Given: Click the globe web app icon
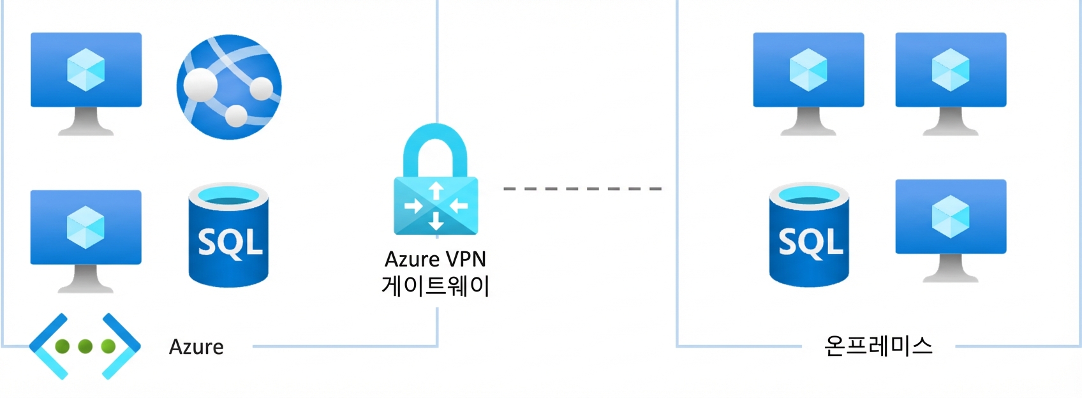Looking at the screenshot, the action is tap(229, 87).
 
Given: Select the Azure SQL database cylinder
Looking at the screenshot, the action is tap(228, 235).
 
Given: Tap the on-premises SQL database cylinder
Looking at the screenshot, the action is tap(809, 235).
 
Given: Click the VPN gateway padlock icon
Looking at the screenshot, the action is tap(436, 179).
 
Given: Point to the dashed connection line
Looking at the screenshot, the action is tap(582, 188).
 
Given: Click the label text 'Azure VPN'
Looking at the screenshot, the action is tap(435, 260).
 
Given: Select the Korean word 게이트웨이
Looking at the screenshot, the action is tap(435, 286).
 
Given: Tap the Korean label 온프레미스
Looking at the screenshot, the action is tap(878, 346).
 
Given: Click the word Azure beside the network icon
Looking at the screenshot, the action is tap(196, 347).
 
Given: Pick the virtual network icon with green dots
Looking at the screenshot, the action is tap(85, 346).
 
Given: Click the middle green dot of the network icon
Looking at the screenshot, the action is tap(85, 346).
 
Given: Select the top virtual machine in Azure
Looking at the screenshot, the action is tap(86, 84).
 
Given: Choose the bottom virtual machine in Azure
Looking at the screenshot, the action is tap(86, 242).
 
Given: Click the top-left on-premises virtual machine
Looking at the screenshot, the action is tap(808, 84).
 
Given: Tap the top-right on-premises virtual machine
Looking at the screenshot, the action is tap(951, 84).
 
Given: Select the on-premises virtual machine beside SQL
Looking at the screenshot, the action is tap(951, 231).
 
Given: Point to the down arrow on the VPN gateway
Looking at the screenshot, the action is tap(436, 221).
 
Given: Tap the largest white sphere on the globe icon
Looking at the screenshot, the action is tap(200, 85).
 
